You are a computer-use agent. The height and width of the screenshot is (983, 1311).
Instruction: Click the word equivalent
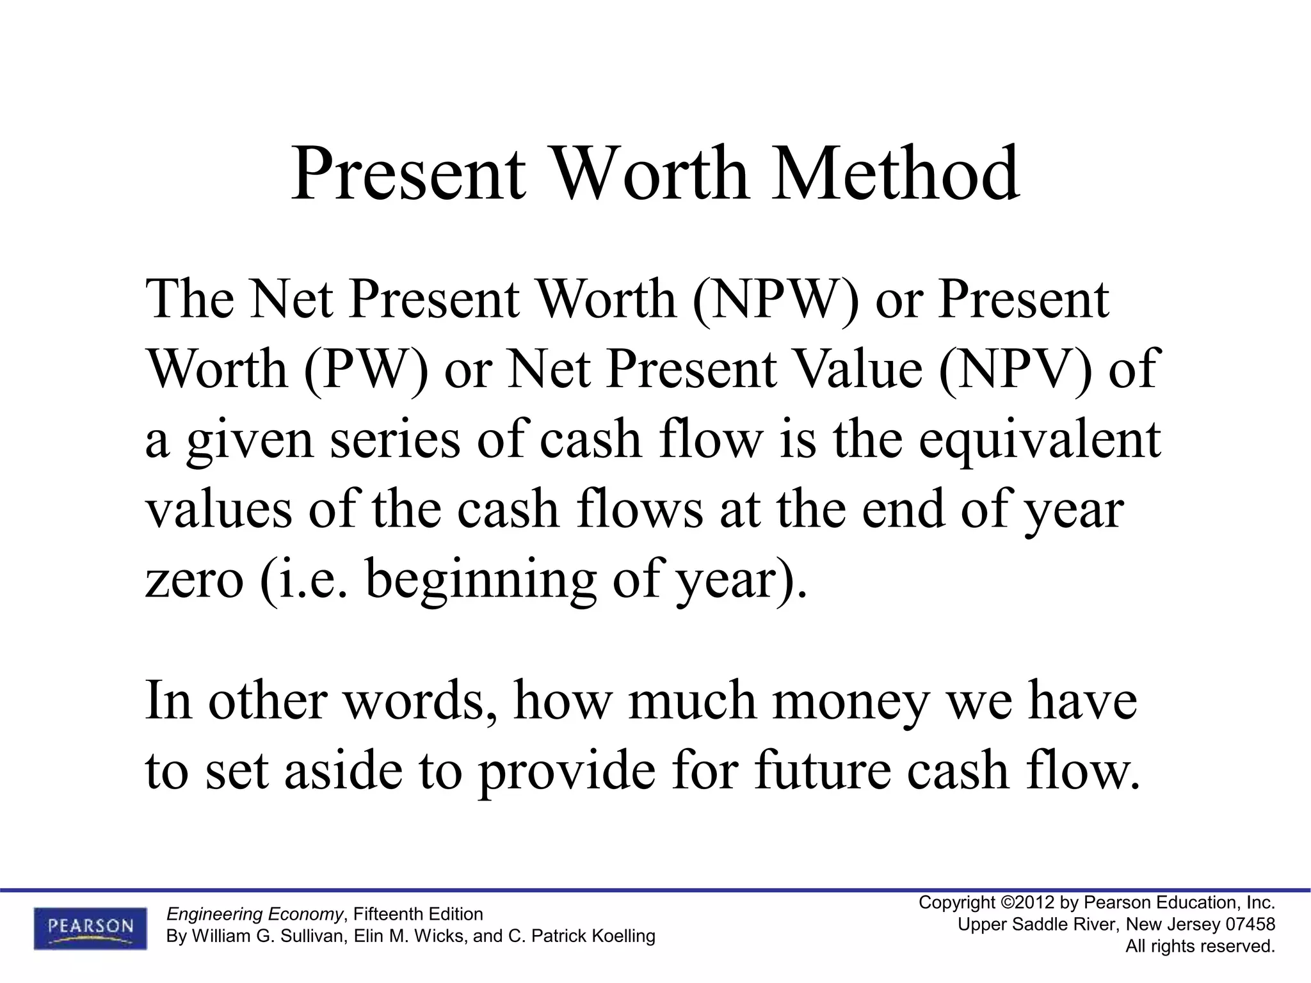coord(1040,440)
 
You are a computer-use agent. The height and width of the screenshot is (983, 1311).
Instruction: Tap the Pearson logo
coord(90,928)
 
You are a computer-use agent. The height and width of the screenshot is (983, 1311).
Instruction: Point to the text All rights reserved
coord(1200,946)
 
